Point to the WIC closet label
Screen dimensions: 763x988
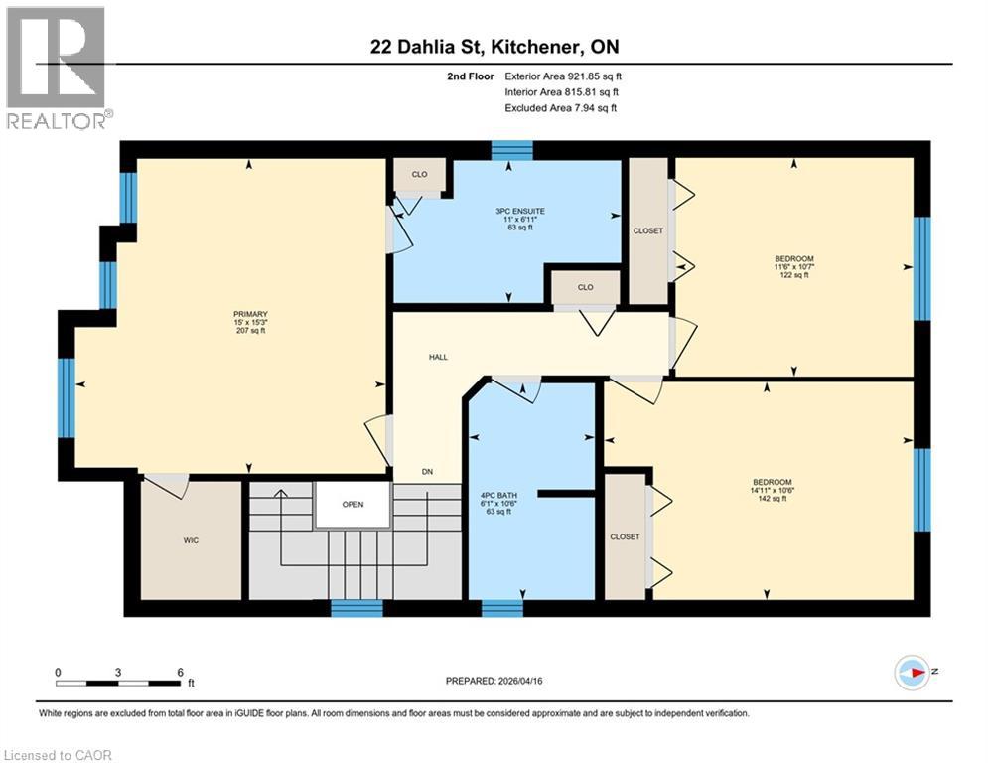(192, 540)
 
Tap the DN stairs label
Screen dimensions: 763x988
(427, 472)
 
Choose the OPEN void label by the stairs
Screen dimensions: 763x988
(353, 504)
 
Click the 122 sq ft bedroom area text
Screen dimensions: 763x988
(793, 275)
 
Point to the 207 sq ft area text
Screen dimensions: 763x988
(250, 331)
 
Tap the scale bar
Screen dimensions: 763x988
(119, 683)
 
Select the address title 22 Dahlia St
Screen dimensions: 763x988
(494, 47)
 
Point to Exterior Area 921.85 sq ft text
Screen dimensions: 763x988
(562, 76)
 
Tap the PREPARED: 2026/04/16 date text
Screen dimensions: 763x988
(494, 681)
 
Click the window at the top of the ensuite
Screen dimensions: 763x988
(512, 150)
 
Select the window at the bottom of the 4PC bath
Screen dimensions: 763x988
(502, 608)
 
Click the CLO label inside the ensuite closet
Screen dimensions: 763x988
(419, 174)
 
